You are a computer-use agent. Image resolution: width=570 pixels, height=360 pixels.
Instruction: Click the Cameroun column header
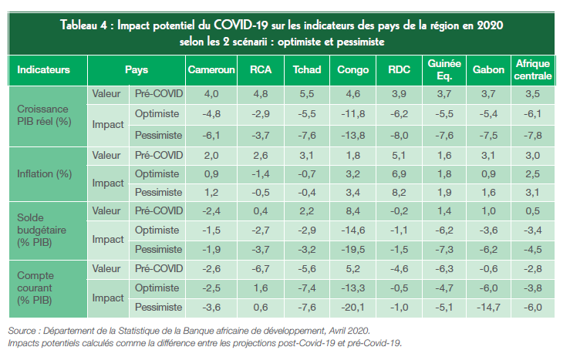(211, 69)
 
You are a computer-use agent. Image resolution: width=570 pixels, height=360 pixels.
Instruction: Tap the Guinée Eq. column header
(445, 69)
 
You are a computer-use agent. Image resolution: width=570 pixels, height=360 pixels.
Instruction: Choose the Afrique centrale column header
(533, 69)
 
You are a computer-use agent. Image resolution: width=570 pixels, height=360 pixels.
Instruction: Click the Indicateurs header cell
(43, 69)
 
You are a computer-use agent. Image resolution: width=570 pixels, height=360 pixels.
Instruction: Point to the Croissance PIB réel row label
(43, 114)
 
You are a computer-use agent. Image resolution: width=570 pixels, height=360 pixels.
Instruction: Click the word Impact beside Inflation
(108, 183)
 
